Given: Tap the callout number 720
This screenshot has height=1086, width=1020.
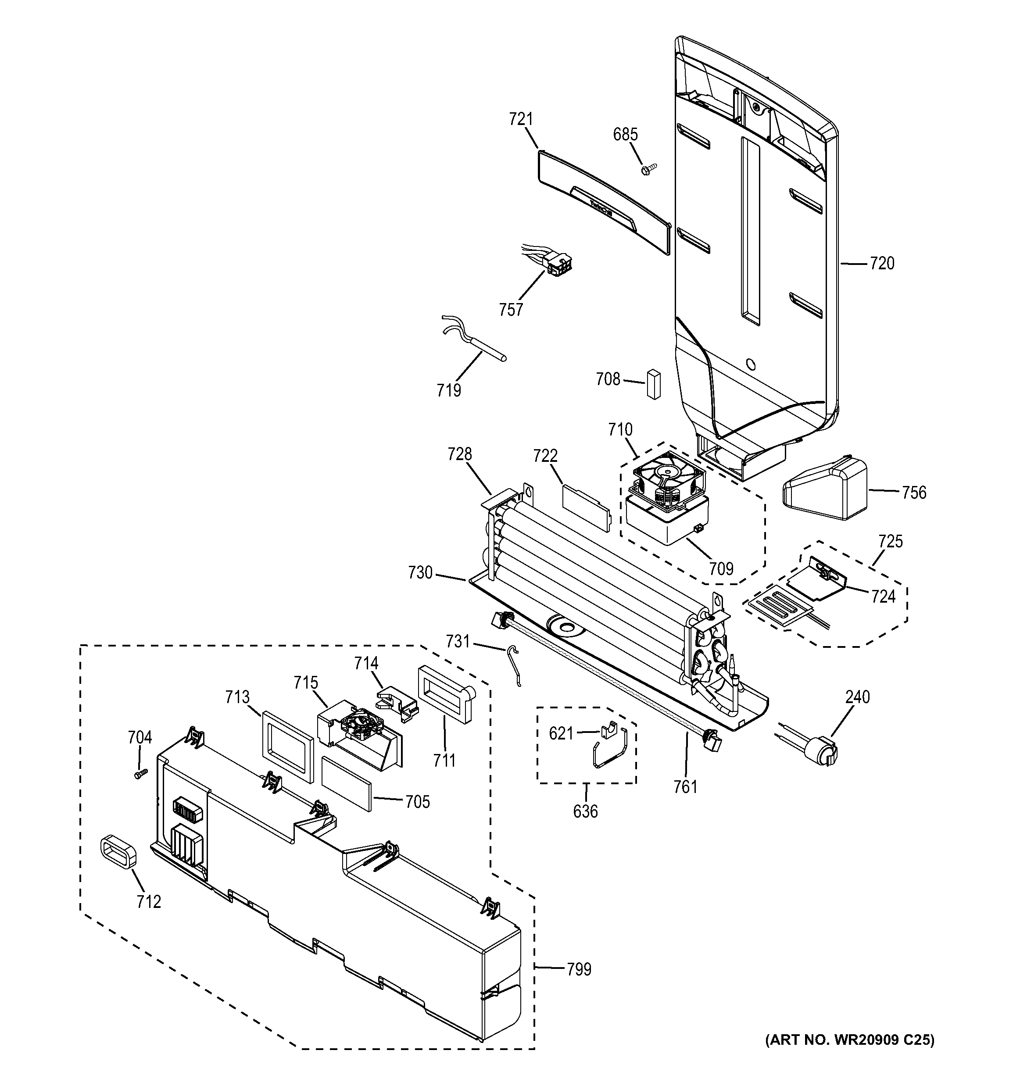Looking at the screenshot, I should coord(882,264).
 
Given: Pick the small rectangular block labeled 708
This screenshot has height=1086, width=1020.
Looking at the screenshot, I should coord(653,385).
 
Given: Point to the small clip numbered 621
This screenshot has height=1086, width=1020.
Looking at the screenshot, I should coord(609,729).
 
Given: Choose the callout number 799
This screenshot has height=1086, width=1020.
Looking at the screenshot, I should coord(579,969).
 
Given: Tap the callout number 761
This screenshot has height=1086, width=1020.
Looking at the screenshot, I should coord(685,786).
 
